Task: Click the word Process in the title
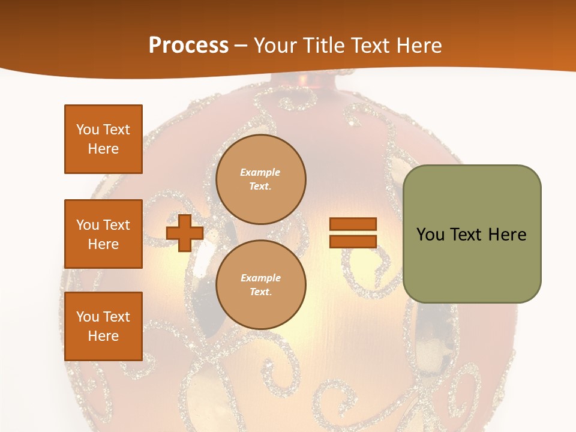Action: pyautogui.click(x=188, y=46)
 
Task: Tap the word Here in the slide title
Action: pyautogui.click(x=418, y=46)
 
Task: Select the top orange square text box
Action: pyautogui.click(x=103, y=139)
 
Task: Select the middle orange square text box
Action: pyautogui.click(x=103, y=234)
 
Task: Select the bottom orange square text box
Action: pyautogui.click(x=103, y=326)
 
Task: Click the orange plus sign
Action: pyautogui.click(x=184, y=233)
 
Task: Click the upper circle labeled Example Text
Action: pyautogui.click(x=261, y=179)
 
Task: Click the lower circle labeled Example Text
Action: pyautogui.click(x=261, y=285)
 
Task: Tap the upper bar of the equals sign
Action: pyautogui.click(x=353, y=224)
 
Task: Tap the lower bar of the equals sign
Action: pyautogui.click(x=353, y=241)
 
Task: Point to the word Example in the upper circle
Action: pyautogui.click(x=260, y=172)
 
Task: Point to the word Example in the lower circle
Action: pyautogui.click(x=260, y=278)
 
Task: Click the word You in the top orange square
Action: pyautogui.click(x=87, y=130)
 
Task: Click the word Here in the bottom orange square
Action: pyautogui.click(x=103, y=336)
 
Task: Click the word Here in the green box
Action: pyautogui.click(x=507, y=235)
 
